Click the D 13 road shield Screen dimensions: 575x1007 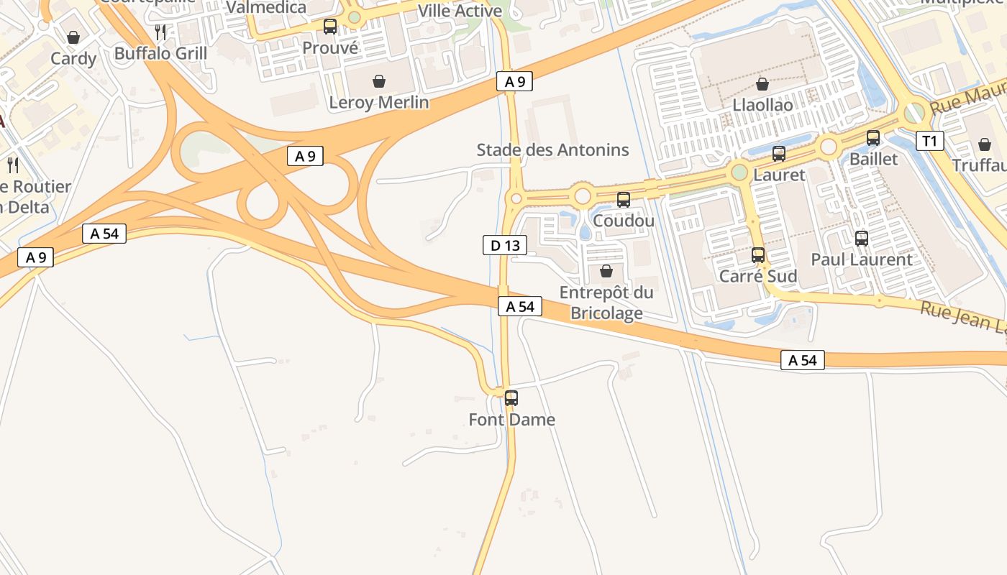coord(504,246)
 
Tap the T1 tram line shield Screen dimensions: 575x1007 coord(929,141)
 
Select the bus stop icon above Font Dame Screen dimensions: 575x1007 coord(511,397)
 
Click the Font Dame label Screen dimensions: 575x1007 coord(511,419)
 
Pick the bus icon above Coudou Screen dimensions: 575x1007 coord(624,200)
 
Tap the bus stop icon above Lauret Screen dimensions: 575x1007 coord(779,153)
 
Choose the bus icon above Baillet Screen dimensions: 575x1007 coord(873,138)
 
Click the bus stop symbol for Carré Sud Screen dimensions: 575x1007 coord(758,254)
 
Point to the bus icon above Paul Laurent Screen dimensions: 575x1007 coord(862,238)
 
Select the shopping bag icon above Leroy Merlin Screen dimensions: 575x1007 coord(379,81)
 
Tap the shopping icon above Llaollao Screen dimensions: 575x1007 coord(762,84)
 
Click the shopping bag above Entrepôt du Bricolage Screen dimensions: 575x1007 coord(606,271)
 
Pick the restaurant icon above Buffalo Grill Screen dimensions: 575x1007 coord(160,32)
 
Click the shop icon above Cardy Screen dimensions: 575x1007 coord(73,37)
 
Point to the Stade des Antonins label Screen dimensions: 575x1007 coord(552,150)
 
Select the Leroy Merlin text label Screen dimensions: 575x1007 coord(378,103)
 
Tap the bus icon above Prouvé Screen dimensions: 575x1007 coord(330,27)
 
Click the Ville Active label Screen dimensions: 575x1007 coord(460,11)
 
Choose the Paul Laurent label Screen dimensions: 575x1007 coord(862,259)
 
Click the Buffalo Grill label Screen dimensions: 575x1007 coord(160,53)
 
